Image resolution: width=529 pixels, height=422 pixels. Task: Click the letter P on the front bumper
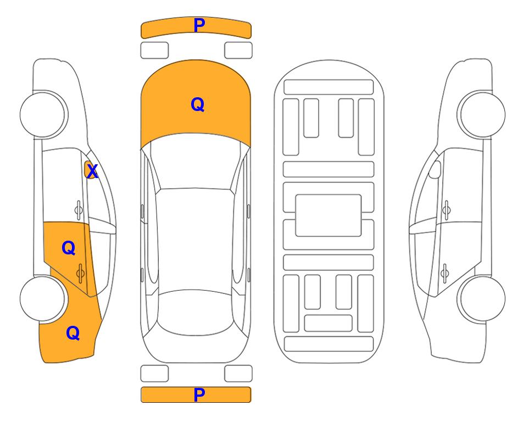tap(199, 25)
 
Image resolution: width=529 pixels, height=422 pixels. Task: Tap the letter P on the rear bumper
tap(199, 395)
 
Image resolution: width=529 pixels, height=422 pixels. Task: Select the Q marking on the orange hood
tap(197, 104)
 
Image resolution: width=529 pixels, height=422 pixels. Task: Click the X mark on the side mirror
tap(92, 171)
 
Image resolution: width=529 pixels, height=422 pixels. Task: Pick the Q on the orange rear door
tap(69, 248)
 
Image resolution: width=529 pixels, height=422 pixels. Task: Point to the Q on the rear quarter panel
tap(73, 333)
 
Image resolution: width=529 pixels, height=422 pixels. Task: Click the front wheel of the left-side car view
tap(43, 114)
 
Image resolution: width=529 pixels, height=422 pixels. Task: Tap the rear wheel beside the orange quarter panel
tap(43, 299)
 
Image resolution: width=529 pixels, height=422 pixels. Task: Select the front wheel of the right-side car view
tap(482, 114)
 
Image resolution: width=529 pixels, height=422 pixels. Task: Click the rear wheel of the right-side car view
tap(482, 299)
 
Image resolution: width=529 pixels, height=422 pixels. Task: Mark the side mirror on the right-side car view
tap(435, 169)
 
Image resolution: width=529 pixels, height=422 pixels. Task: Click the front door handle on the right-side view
tap(447, 210)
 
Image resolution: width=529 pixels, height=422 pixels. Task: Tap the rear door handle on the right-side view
tap(445, 273)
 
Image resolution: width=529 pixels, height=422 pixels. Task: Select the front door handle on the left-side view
tap(79, 210)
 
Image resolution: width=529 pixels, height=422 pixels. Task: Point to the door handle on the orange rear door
tap(80, 273)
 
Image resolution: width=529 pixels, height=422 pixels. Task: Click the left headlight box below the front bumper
tap(154, 51)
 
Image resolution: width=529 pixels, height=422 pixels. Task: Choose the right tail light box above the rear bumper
tap(238, 374)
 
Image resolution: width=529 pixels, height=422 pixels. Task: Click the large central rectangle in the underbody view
tap(328, 215)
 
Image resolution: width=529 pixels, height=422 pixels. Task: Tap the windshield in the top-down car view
tap(196, 162)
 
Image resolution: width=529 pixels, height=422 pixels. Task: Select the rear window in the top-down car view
tap(195, 312)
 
